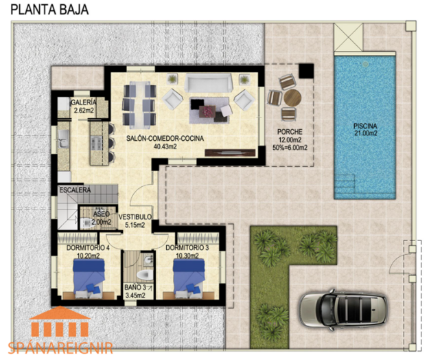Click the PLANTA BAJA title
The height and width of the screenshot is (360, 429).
pyautogui.click(x=49, y=10)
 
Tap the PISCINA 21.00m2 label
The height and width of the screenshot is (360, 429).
pyautogui.click(x=365, y=130)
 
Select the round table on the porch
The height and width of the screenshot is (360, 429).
pyautogui.click(x=292, y=98)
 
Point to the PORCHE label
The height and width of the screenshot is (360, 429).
pyautogui.click(x=290, y=132)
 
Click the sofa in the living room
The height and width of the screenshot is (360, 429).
pyautogui.click(x=209, y=82)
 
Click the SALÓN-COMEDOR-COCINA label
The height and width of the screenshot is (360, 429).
pyautogui.click(x=165, y=139)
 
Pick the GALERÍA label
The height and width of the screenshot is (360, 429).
pyautogui.click(x=84, y=102)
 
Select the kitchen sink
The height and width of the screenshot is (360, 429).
pyautogui.click(x=63, y=139)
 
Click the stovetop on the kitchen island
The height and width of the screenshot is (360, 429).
pyautogui.click(x=96, y=142)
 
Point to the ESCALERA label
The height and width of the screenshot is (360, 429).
pyautogui.click(x=75, y=190)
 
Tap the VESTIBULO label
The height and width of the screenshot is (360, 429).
pyautogui.click(x=135, y=217)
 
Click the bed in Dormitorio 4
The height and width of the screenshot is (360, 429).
pyautogui.click(x=89, y=276)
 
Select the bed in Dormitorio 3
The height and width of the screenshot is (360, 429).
pyautogui.click(x=189, y=276)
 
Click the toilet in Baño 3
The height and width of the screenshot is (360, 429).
pyautogui.click(x=145, y=275)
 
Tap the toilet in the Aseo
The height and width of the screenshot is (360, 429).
pyautogui.click(x=85, y=223)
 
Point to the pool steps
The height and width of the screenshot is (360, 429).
pyautogui.click(x=345, y=181)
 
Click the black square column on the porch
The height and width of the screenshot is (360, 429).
pyautogui.click(x=306, y=71)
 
